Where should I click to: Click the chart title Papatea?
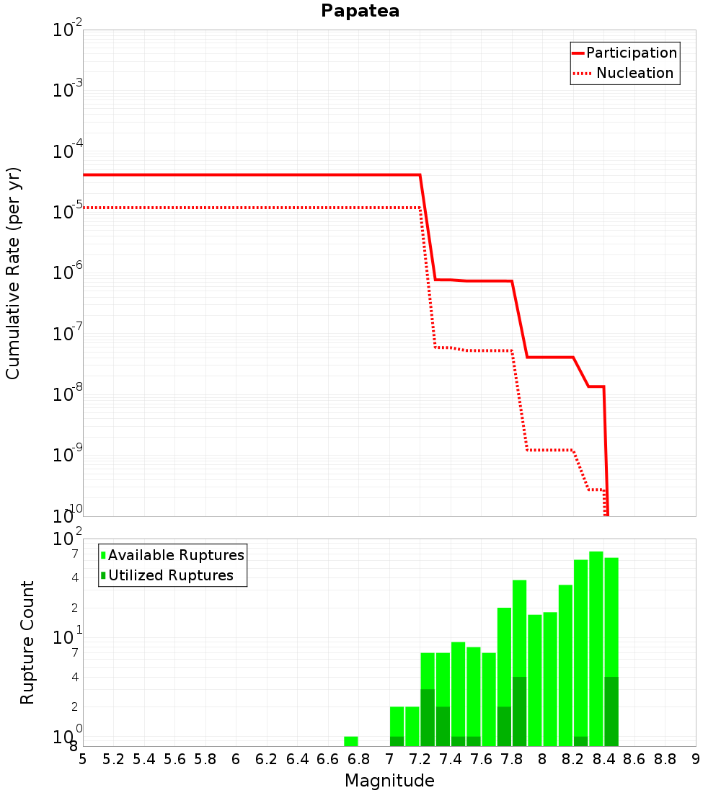[x=360, y=11]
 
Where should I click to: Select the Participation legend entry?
[x=624, y=53]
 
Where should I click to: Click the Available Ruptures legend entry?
[x=172, y=555]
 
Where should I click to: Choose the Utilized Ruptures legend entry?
[x=167, y=575]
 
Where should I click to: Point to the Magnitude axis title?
[x=389, y=781]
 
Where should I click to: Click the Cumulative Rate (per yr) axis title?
[x=13, y=274]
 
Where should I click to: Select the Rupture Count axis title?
[x=27, y=642]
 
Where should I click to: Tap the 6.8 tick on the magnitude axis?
[x=358, y=760]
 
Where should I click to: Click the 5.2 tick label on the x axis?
[x=113, y=760]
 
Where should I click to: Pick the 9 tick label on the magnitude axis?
[x=696, y=760]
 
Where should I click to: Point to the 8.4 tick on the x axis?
[x=603, y=760]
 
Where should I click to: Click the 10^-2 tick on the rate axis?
[x=67, y=28]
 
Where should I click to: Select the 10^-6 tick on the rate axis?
[x=67, y=271]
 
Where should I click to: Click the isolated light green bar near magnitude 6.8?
[x=351, y=741]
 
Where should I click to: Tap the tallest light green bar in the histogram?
[x=596, y=649]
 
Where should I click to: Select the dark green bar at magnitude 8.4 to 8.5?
[x=611, y=712]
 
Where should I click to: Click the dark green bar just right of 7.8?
[x=520, y=712]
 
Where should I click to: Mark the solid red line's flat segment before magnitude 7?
[x=252, y=175]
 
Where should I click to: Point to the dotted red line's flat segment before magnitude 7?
[x=252, y=208]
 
